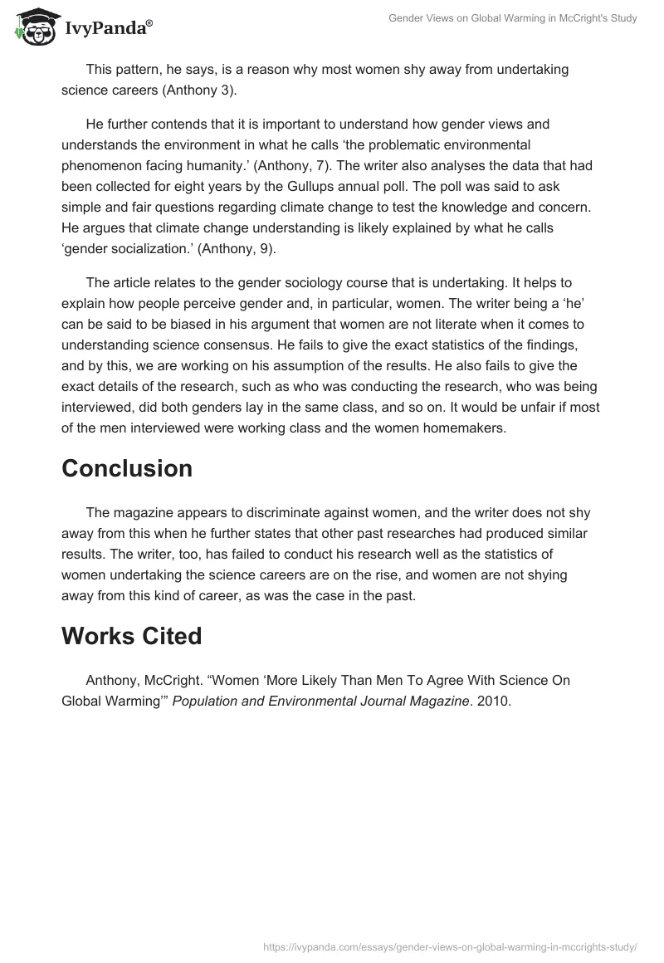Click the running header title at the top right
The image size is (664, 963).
513,17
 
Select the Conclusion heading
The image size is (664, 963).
126,468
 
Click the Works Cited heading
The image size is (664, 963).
131,636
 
